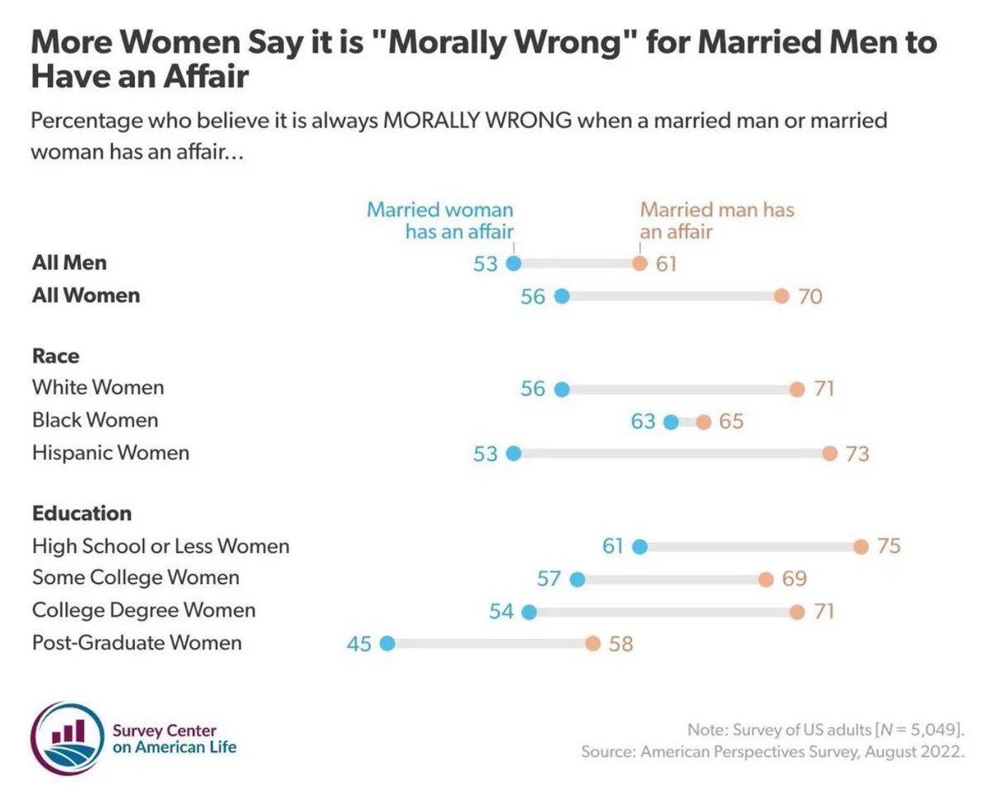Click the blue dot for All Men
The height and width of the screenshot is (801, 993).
(513, 264)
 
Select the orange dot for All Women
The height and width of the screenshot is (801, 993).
(781, 296)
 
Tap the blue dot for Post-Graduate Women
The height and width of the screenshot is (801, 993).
(386, 644)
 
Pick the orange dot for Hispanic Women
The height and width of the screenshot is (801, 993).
(830, 453)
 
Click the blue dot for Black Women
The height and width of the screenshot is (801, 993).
(671, 422)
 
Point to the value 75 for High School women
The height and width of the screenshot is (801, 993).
(889, 547)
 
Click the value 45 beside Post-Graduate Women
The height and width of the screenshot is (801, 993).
(359, 644)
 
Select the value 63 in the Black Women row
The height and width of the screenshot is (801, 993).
(643, 422)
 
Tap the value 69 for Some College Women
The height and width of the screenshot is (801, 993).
(794, 578)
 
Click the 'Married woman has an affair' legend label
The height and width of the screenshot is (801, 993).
(439, 221)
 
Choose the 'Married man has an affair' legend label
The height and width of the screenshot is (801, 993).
(717, 221)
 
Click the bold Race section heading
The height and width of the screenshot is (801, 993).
(55, 356)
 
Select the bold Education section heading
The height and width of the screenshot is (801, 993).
(81, 513)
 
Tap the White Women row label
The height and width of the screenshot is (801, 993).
(98, 387)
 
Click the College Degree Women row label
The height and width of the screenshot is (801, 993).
(143, 611)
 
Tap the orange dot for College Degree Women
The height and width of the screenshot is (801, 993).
(797, 612)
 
